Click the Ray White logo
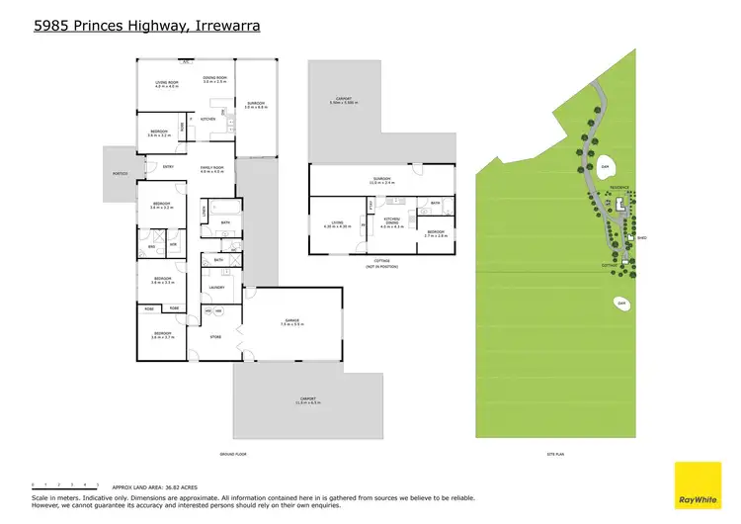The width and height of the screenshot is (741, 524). tap(698, 486)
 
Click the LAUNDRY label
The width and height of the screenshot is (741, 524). tap(217, 288)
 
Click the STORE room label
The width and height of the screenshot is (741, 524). tap(216, 337)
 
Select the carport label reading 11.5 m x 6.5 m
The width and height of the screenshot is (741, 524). tap(306, 400)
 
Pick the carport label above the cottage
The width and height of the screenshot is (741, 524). tap(342, 101)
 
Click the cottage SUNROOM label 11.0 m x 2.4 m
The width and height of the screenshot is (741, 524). tap(381, 181)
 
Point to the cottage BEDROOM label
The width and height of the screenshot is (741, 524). tap(436, 233)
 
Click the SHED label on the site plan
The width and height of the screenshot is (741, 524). tap(641, 238)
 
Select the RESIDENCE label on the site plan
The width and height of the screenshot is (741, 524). tap(618, 186)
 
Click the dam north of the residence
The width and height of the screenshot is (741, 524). tap(605, 165)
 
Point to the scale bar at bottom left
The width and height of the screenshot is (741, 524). tap(64, 486)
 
